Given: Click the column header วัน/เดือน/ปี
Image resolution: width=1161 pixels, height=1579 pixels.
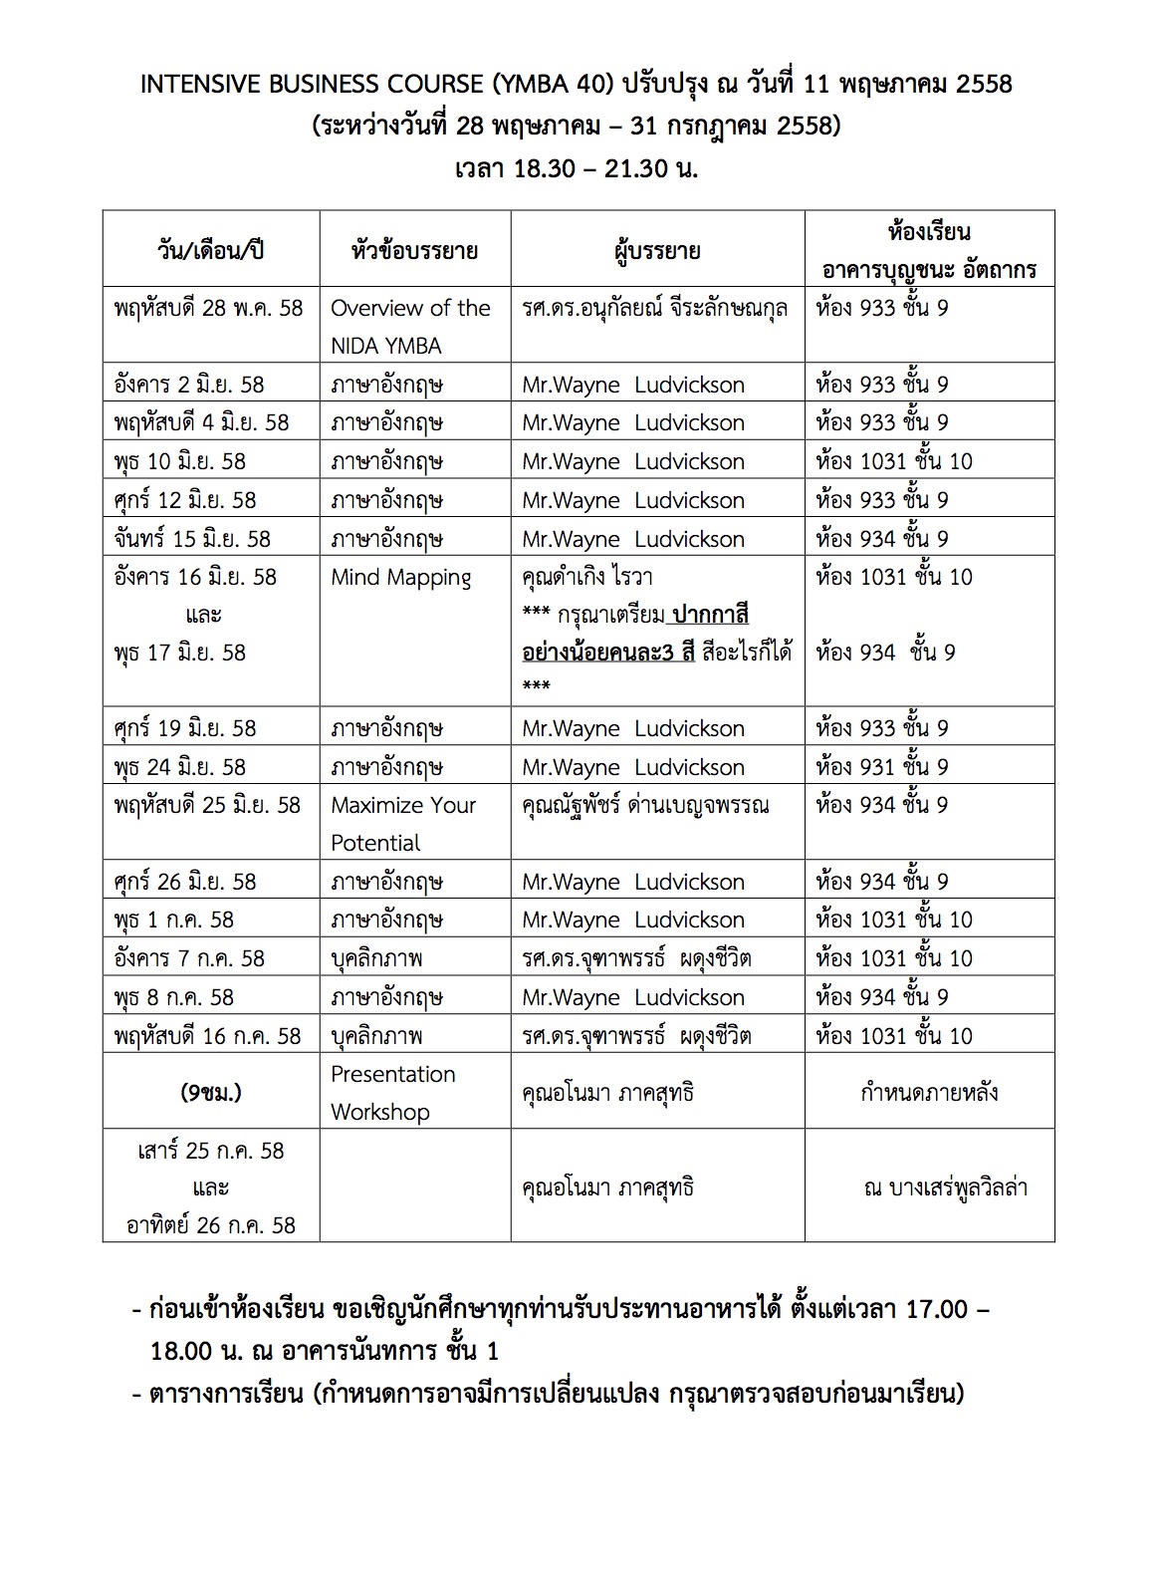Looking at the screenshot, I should point(210,250).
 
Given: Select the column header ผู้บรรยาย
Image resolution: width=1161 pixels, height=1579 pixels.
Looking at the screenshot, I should point(657,250).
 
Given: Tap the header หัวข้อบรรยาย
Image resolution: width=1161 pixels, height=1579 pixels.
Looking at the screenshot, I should point(414,250).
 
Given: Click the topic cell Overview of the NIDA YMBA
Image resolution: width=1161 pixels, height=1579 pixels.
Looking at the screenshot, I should point(410,326).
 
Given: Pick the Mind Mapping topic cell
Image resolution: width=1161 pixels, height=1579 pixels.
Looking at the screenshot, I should point(400,578).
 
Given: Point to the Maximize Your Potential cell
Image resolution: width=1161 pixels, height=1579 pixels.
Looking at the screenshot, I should point(402,823).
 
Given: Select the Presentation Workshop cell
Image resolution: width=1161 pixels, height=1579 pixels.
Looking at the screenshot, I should point(392,1092).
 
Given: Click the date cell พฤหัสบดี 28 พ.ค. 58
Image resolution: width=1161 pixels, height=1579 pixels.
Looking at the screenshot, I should point(208,308).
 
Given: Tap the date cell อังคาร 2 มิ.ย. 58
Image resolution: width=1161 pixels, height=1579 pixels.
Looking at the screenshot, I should point(189,385).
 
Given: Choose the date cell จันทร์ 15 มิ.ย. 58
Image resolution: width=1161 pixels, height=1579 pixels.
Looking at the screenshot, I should point(192,539).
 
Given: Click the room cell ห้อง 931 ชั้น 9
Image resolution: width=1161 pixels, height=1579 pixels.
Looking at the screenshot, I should point(881,767).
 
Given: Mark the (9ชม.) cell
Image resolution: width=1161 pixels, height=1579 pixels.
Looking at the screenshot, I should point(210,1092).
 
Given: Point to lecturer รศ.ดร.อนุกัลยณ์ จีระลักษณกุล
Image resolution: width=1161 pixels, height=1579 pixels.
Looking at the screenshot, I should point(654,308).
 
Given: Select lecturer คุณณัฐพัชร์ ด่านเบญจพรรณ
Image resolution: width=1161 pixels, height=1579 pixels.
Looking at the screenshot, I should point(645,805).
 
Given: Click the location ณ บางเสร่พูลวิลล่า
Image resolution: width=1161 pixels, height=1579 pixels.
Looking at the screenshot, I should point(945,1187).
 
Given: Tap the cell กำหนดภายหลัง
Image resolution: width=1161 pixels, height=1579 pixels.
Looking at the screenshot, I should point(929,1092).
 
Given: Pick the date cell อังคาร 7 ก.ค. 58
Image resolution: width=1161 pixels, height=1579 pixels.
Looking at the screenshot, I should point(189,958).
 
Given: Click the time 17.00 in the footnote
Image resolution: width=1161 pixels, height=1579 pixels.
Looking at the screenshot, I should point(936,1308).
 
